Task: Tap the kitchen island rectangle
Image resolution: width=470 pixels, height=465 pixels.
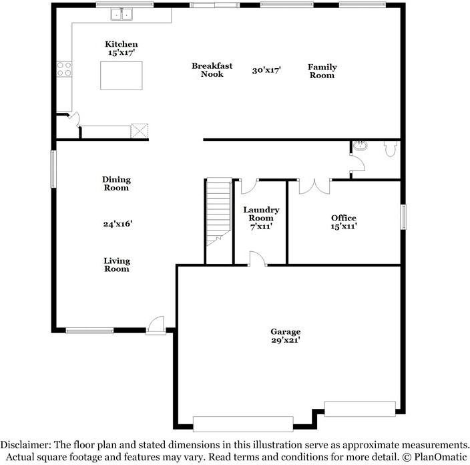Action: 122,75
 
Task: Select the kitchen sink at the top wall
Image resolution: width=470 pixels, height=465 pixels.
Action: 123,13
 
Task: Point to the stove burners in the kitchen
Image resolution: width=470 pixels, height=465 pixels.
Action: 64,69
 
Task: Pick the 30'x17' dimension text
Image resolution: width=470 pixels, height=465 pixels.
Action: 266,69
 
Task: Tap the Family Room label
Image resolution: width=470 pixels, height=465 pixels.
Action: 322,71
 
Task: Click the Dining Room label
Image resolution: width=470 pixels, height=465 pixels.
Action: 116,183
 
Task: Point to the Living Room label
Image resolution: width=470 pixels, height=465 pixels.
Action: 116,265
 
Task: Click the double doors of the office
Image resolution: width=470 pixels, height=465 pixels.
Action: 314,186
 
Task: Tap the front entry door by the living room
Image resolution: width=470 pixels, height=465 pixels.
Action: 156,325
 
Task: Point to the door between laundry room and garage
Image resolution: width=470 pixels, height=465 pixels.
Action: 257,259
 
